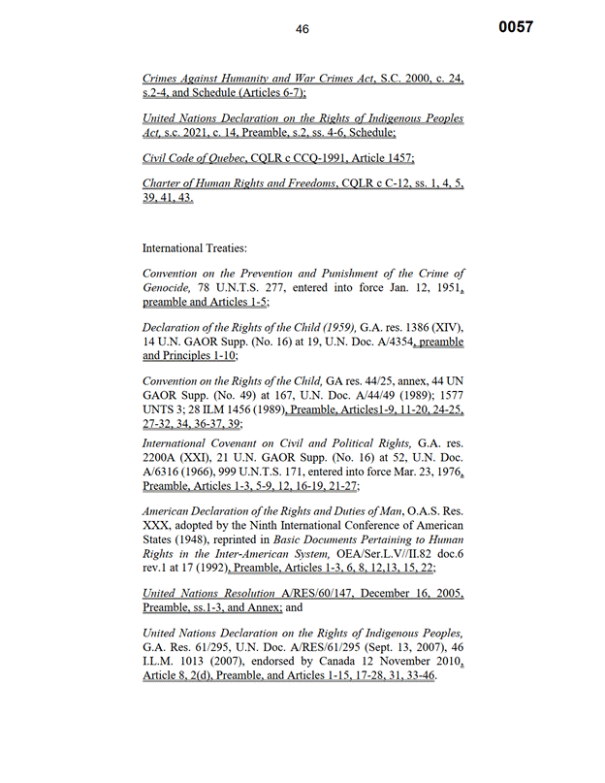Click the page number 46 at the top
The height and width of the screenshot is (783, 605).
click(x=302, y=29)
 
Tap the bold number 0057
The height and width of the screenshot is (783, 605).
click(x=516, y=27)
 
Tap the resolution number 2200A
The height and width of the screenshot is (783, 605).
click(x=162, y=457)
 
